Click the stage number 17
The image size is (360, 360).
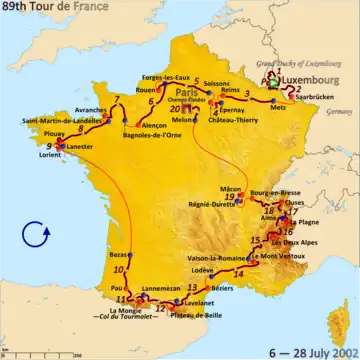click(x=294, y=211)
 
